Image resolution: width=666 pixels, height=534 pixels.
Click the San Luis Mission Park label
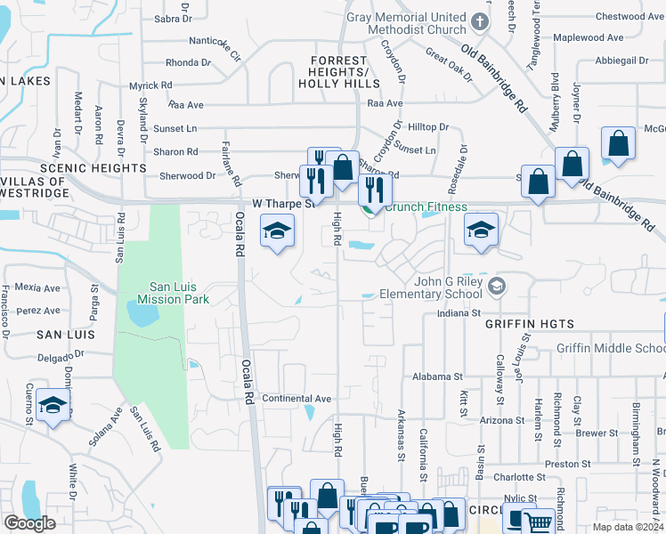click(x=179, y=293)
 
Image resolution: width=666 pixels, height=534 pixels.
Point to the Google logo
click(x=29, y=523)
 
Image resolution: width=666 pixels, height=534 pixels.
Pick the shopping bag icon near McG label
click(x=617, y=143)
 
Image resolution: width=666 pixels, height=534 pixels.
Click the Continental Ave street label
click(x=296, y=399)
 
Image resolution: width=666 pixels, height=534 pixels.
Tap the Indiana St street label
click(x=459, y=314)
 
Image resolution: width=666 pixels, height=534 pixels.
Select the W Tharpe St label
click(x=285, y=204)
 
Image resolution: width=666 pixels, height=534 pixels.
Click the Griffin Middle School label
click(x=611, y=349)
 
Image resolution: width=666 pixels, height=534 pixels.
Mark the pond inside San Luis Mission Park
click(x=142, y=312)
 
